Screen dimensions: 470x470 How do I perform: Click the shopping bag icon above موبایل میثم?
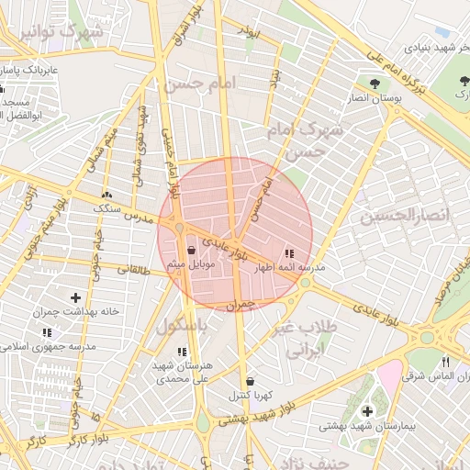click(191, 250)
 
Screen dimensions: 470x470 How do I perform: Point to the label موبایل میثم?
click(191, 264)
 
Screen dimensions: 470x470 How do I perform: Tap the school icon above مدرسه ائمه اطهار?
click(289, 253)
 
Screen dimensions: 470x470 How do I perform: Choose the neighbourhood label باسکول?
click(183, 326)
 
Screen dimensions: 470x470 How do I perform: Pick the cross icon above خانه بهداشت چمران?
click(75, 297)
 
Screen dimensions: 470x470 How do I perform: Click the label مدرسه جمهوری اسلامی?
click(65, 346)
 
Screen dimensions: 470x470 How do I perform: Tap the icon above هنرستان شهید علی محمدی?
click(181, 352)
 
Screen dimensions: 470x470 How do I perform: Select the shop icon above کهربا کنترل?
click(250, 381)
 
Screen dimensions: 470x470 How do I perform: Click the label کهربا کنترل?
click(250, 396)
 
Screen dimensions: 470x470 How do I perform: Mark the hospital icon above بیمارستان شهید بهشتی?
click(367, 410)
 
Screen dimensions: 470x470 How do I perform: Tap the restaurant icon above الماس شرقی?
click(445, 361)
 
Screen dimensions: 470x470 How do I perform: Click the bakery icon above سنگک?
click(107, 195)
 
